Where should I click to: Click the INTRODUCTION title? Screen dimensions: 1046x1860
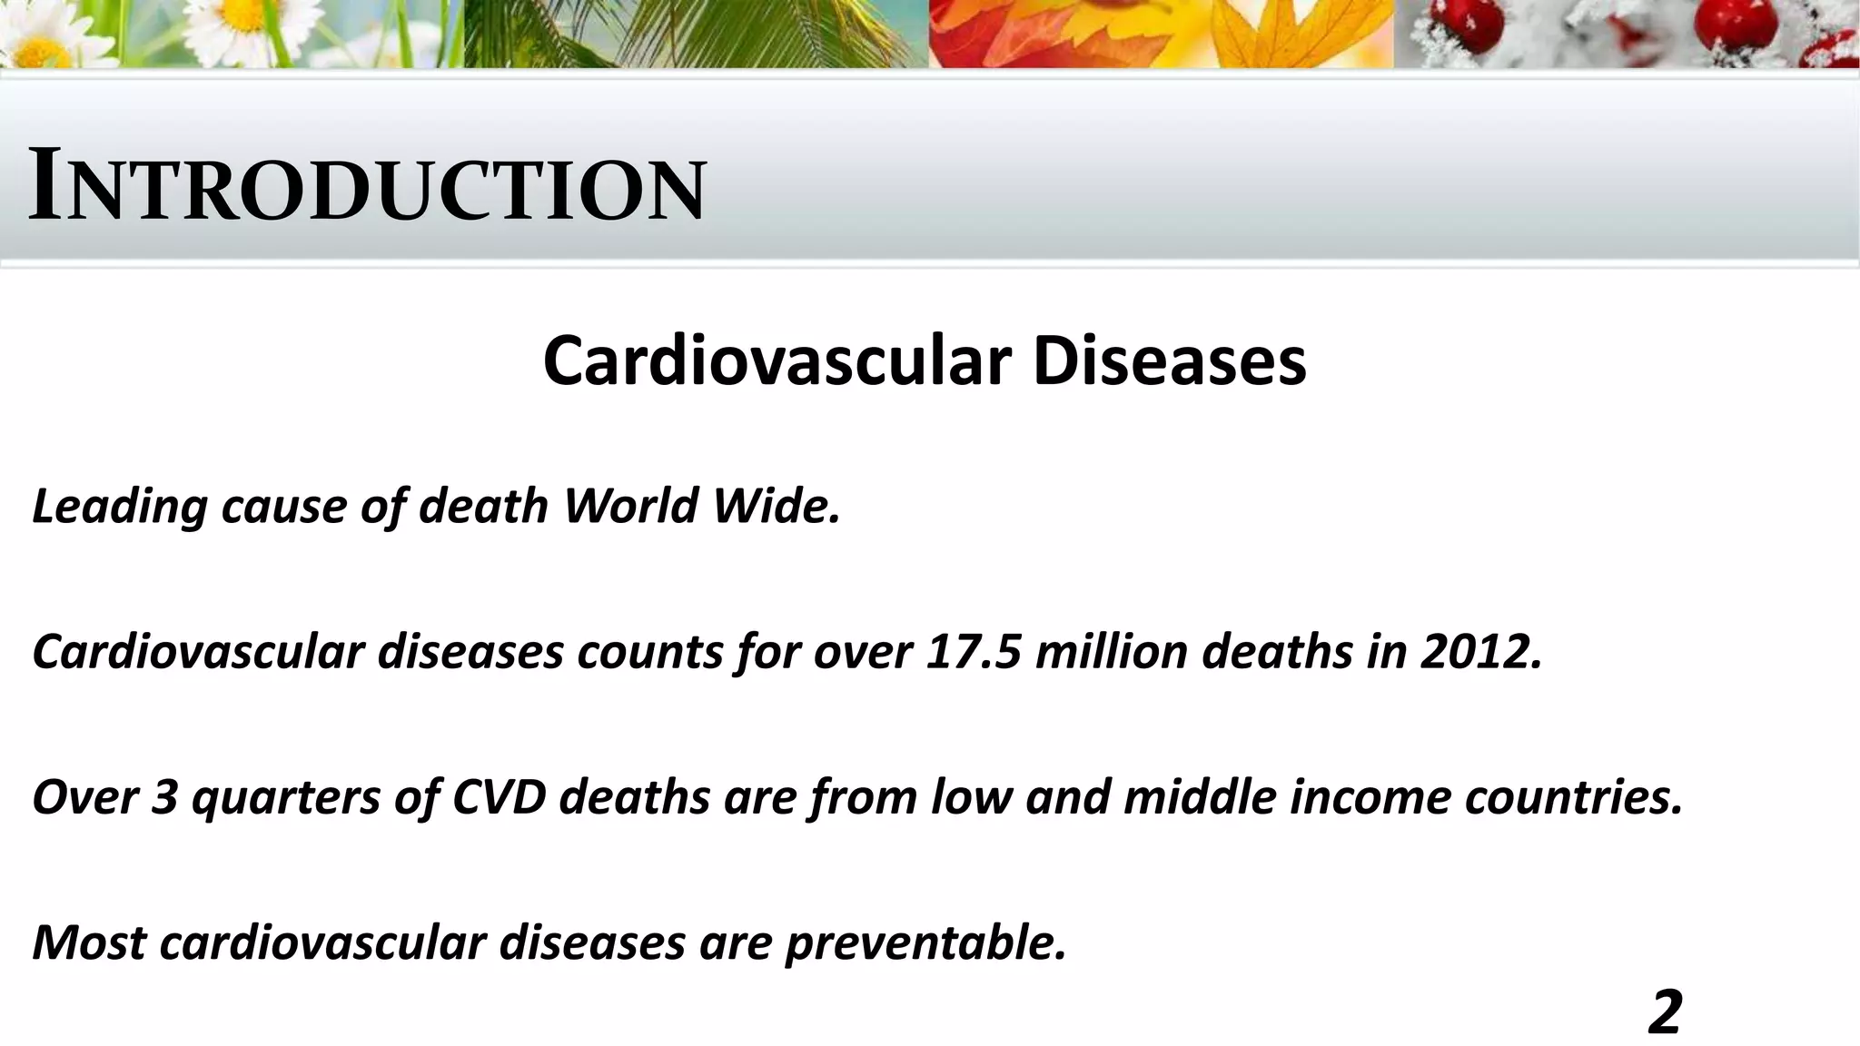coord(367,188)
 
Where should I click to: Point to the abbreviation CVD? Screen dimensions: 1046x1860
coord(499,798)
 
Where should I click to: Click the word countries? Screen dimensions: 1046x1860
coord(1572,798)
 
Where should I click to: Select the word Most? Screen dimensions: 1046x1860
coord(88,943)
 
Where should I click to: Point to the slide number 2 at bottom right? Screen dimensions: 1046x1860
coord(1665,1012)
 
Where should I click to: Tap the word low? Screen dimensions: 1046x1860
coord(971,798)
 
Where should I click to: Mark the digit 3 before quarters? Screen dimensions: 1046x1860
coord(163,798)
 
